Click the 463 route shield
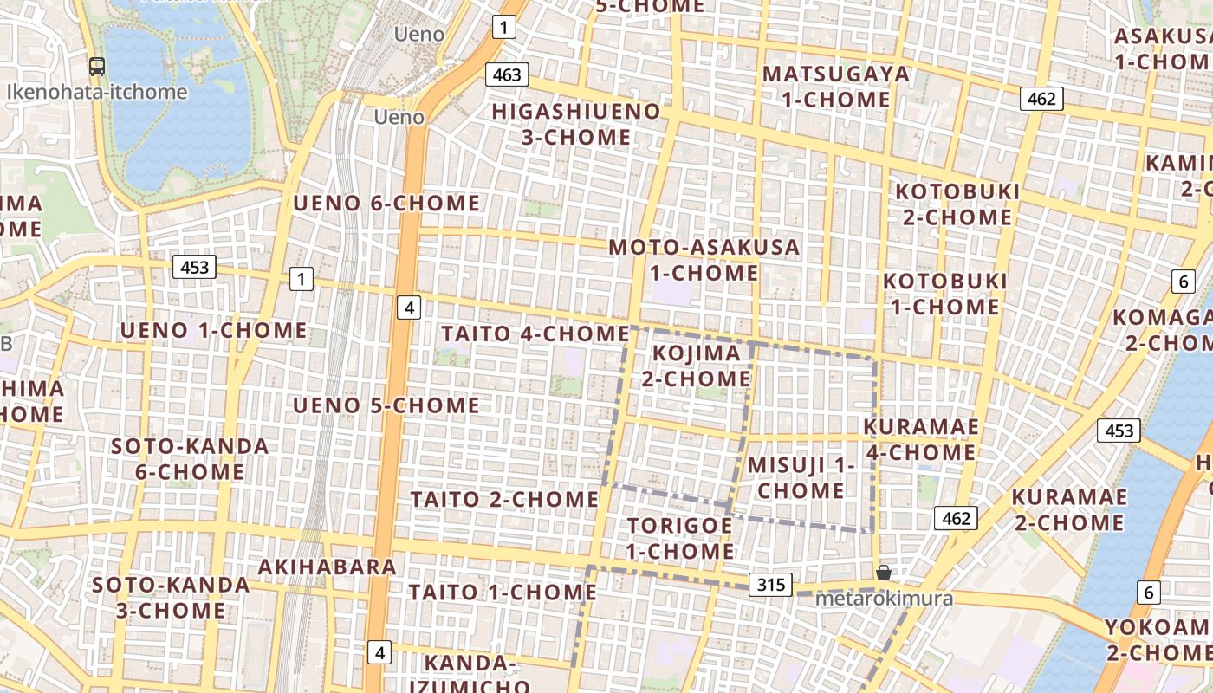coord(507,74)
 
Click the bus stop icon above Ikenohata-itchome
coord(97,66)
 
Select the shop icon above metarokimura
coord(883,573)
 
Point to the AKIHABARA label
coord(328,567)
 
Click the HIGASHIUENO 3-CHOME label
coord(576,124)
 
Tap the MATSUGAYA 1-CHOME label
coord(836,87)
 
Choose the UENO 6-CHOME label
coord(386,204)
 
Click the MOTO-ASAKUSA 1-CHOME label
coord(704,260)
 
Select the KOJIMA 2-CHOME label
coord(697,366)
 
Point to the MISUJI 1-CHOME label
coord(801,477)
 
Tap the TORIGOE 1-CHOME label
coord(680,538)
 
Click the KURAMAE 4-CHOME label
coord(921,439)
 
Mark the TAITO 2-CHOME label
coord(504,500)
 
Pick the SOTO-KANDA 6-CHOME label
coord(190,459)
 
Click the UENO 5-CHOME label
coord(386,405)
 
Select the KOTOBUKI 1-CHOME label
coord(944,294)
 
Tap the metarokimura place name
coord(885,599)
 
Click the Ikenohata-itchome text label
coord(97,92)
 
